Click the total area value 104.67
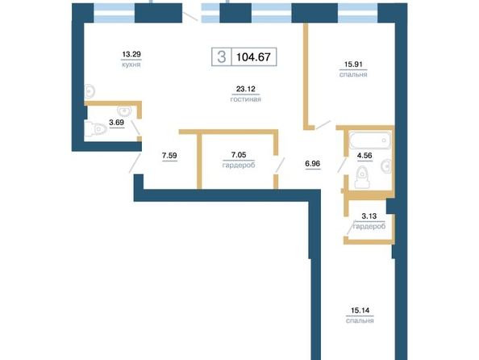253,57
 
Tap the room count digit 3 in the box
222,57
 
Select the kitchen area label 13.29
131,54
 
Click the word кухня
131,65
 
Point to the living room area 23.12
246,89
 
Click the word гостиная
246,99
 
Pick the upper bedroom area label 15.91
353,65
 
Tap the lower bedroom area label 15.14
360,311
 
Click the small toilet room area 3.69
116,123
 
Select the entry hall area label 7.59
169,156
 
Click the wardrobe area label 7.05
239,155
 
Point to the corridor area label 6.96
313,164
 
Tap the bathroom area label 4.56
364,156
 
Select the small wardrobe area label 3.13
369,216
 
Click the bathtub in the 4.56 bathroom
370,140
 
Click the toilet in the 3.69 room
95,129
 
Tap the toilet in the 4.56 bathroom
362,177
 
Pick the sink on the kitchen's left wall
90,91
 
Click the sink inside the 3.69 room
124,111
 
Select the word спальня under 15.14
360,320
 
